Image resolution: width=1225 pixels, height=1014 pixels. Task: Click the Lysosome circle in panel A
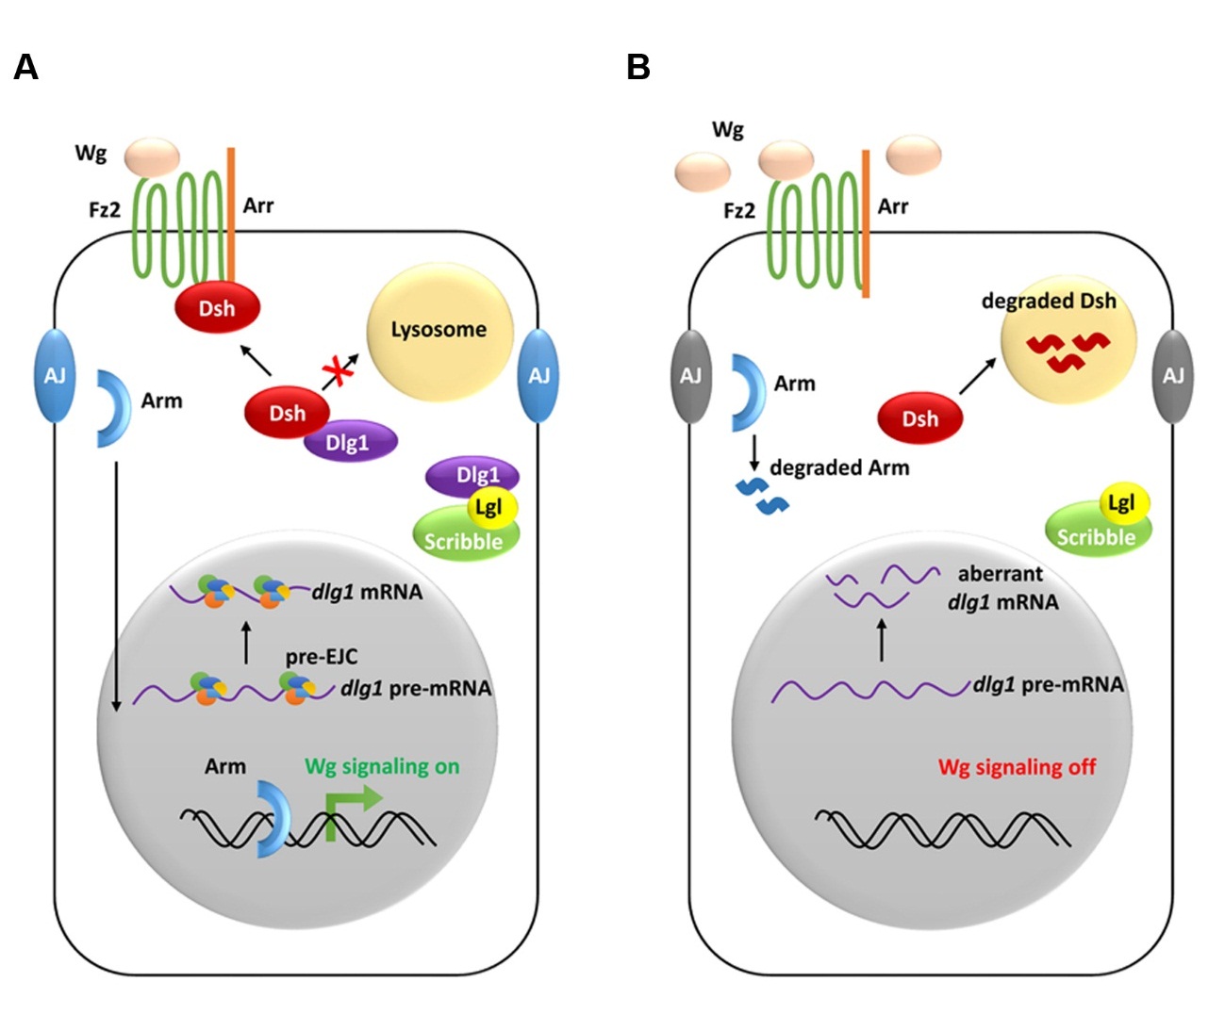click(x=439, y=330)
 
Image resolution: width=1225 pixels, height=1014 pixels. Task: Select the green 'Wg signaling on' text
click(x=382, y=766)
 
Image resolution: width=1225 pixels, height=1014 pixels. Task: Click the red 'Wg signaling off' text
click(x=1017, y=767)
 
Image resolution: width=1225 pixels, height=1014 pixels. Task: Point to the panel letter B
click(x=638, y=68)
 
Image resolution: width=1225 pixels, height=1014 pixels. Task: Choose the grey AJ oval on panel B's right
click(x=1172, y=376)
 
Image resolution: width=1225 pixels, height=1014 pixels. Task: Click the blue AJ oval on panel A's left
click(x=55, y=376)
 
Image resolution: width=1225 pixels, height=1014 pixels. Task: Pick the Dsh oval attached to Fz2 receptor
click(x=217, y=308)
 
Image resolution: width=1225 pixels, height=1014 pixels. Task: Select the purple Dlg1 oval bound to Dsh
click(x=349, y=442)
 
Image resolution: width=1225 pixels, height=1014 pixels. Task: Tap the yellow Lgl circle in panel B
click(x=1120, y=503)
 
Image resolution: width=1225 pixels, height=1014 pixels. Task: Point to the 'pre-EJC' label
click(x=322, y=656)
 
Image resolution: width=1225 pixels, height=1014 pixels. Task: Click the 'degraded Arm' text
click(x=839, y=467)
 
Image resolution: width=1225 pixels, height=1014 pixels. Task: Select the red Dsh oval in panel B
click(x=919, y=418)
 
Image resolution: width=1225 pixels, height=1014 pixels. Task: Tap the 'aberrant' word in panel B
click(x=1000, y=574)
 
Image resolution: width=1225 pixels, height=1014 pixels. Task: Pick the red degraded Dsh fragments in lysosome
click(x=1068, y=350)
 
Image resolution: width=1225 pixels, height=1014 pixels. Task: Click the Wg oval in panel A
click(x=152, y=156)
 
